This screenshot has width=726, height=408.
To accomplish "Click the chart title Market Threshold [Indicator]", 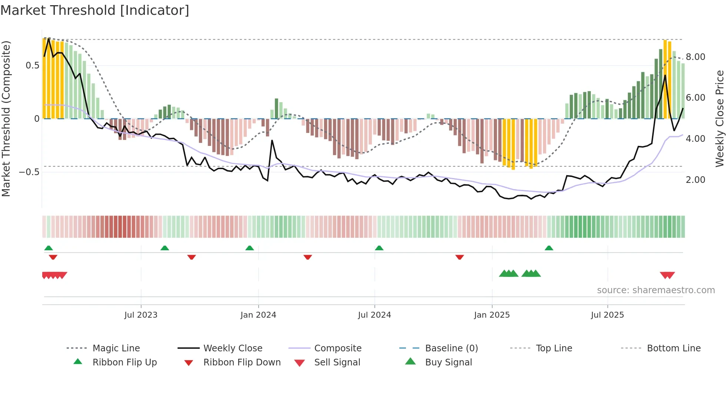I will pyautogui.click(x=95, y=10).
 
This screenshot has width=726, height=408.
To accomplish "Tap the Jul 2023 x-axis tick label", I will pyautogui.click(x=141, y=315).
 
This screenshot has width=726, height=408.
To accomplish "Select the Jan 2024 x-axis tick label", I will pyautogui.click(x=258, y=315).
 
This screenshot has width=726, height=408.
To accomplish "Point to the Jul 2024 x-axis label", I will pyautogui.click(x=374, y=315).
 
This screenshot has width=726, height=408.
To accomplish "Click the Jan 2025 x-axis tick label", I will pyautogui.click(x=492, y=315).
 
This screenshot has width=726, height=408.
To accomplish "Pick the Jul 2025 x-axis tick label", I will pyautogui.click(x=607, y=315).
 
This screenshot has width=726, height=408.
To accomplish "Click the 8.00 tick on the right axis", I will pyautogui.click(x=695, y=57).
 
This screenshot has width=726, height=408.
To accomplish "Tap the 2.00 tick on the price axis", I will pyautogui.click(x=695, y=180).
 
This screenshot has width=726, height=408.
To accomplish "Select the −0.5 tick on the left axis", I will pyautogui.click(x=29, y=172).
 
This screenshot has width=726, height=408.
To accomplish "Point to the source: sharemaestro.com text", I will pyautogui.click(x=656, y=290).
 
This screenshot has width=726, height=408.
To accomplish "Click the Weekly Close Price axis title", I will pyautogui.click(x=719, y=118).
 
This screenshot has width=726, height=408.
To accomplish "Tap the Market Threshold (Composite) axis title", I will pyautogui.click(x=6, y=118).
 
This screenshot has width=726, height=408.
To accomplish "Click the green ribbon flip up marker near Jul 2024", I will pyautogui.click(x=379, y=248).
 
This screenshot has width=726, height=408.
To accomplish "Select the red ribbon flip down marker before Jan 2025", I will pyautogui.click(x=460, y=257).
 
